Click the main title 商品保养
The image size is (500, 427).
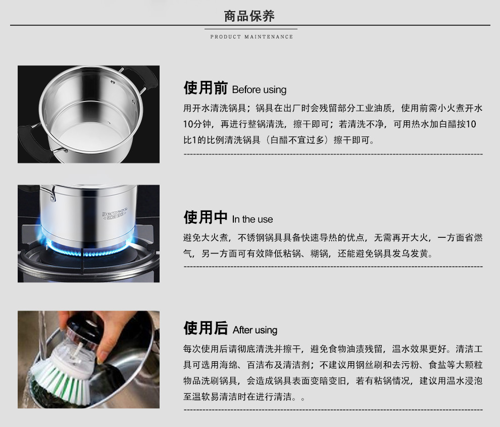[249, 16]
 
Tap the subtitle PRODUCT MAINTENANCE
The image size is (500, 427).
[252, 37]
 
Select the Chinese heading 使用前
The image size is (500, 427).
[206, 88]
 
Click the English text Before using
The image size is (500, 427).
[259, 90]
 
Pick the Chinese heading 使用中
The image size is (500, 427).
[206, 217]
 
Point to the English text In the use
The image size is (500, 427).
[253, 220]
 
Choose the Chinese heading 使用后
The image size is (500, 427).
[206, 328]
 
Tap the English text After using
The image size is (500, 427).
[255, 330]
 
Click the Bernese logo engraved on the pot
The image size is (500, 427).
[115, 213]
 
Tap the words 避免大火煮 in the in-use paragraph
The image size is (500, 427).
[206, 238]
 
